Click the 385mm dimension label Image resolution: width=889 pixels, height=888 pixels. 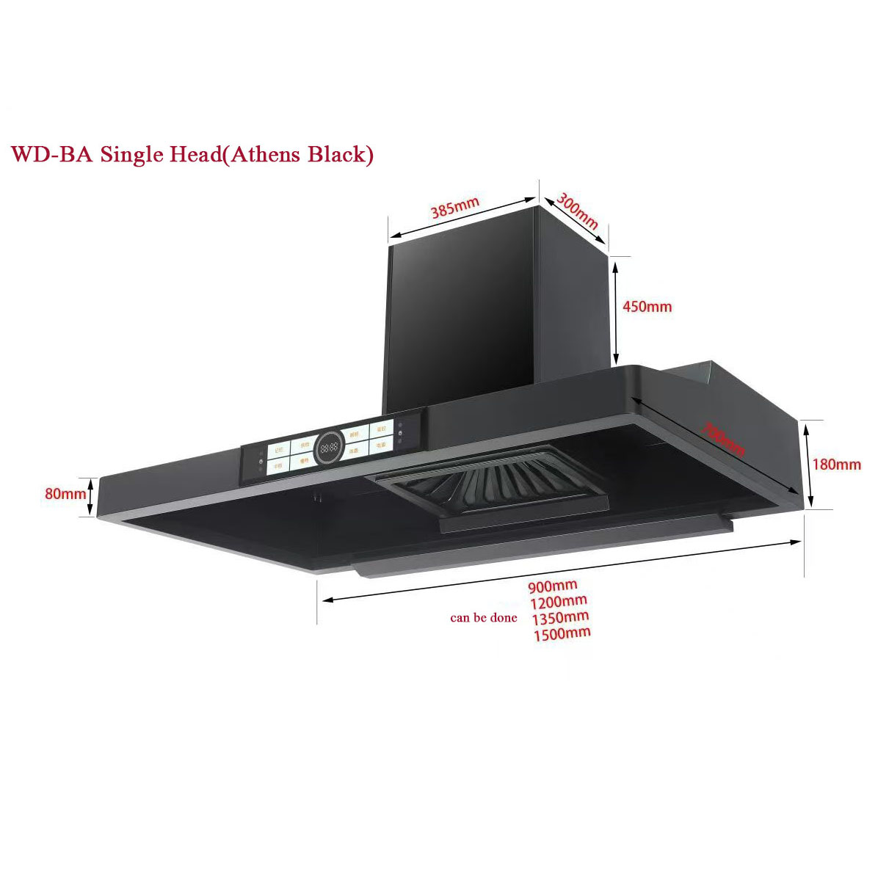[454, 208]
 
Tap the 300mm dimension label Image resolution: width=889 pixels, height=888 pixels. [578, 211]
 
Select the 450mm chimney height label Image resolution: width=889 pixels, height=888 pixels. [647, 307]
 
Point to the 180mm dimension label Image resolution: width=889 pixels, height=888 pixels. [836, 465]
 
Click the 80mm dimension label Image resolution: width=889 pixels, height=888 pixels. [65, 494]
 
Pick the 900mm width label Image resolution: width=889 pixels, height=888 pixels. [552, 586]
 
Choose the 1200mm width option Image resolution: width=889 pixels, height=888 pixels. [558, 602]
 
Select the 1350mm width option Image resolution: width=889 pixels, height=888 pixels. [560, 618]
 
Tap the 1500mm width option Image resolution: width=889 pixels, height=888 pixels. [562, 634]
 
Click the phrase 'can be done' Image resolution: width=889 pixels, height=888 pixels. [483, 618]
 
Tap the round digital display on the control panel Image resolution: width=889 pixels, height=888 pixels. [329, 447]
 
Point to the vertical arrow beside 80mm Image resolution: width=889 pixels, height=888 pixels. [91, 497]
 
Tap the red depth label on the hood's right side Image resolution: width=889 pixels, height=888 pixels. [723, 437]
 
